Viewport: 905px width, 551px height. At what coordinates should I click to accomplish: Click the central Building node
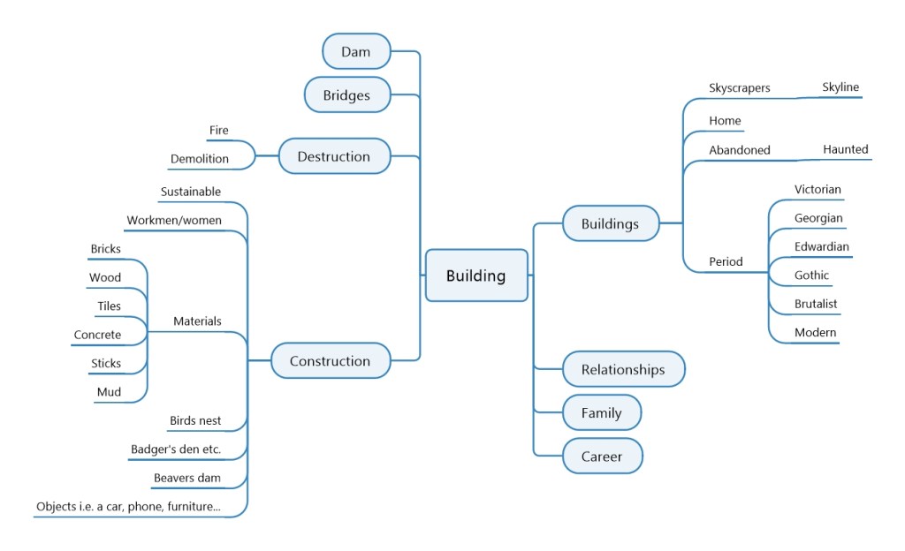pyautogui.click(x=476, y=275)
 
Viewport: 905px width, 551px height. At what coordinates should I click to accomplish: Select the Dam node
pyautogui.click(x=356, y=51)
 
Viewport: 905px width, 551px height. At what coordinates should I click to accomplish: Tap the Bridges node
pyautogui.click(x=346, y=94)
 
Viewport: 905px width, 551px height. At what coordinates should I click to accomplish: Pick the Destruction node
pyautogui.click(x=334, y=156)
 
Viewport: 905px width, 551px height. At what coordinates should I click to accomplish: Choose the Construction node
pyautogui.click(x=330, y=360)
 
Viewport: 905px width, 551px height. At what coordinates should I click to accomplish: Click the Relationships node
pyautogui.click(x=623, y=369)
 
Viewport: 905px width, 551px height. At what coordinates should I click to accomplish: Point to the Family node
pyautogui.click(x=601, y=412)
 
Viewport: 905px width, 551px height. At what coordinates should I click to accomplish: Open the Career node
pyautogui.click(x=601, y=457)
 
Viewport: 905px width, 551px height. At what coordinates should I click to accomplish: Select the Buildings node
pyautogui.click(x=610, y=223)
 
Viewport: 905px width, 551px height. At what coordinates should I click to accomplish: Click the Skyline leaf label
pyautogui.click(x=840, y=87)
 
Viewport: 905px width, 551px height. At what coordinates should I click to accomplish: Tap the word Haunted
pyautogui.click(x=846, y=149)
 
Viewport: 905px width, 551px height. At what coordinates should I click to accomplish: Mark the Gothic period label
pyautogui.click(x=811, y=275)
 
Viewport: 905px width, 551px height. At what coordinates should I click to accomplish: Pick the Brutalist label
pyautogui.click(x=816, y=304)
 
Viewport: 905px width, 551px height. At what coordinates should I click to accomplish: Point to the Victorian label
pyautogui.click(x=818, y=189)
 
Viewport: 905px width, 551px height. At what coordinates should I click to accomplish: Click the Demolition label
pyautogui.click(x=200, y=159)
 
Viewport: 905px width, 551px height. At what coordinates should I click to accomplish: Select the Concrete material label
pyautogui.click(x=97, y=335)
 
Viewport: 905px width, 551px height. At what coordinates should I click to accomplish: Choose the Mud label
pyautogui.click(x=109, y=392)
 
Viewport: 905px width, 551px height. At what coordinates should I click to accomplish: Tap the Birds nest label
pyautogui.click(x=195, y=420)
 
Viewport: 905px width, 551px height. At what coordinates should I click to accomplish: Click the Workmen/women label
pyautogui.click(x=174, y=220)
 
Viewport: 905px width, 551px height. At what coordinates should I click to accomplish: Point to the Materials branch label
pyautogui.click(x=197, y=321)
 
